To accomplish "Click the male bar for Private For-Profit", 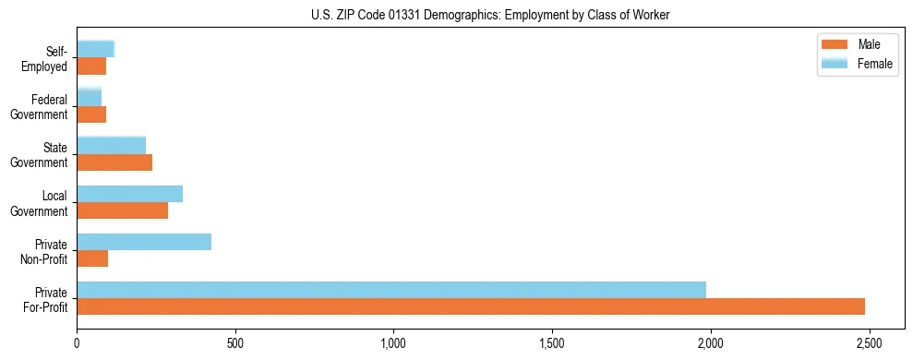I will tap(471, 306).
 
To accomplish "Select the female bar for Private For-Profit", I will tap(391, 290).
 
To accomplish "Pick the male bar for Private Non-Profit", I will tap(92, 258).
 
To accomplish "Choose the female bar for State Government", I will tap(111, 145).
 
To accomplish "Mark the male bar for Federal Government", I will tap(91, 114).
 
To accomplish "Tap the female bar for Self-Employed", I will tap(95, 49).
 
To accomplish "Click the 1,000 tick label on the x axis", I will tap(393, 343).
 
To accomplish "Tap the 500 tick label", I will tap(235, 343).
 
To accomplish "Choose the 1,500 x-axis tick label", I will tap(552, 343).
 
